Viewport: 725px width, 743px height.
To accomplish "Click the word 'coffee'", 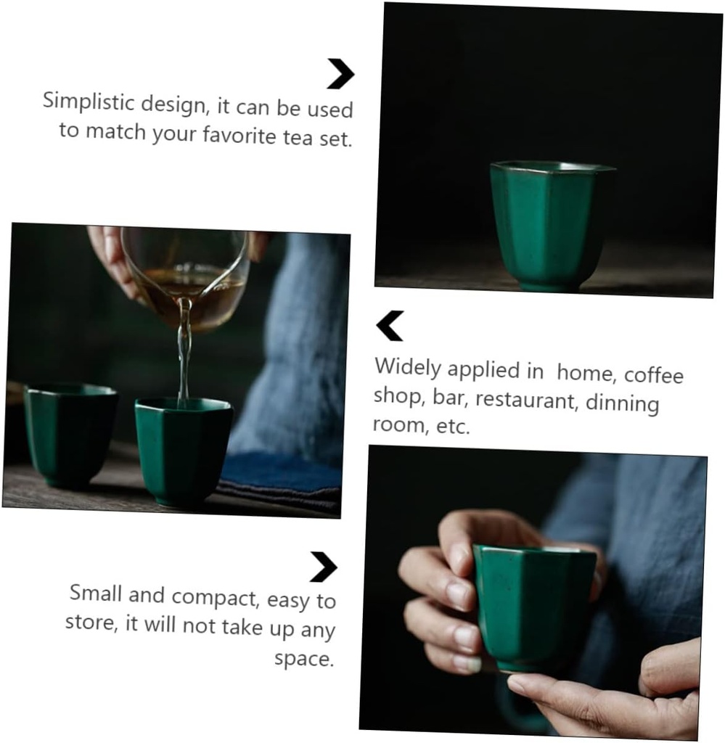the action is click(x=653, y=374).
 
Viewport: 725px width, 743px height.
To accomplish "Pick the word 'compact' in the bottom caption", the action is click(x=216, y=598).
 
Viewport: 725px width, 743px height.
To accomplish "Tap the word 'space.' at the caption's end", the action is click(x=304, y=659).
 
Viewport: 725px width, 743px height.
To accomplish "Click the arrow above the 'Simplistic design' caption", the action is click(x=340, y=74).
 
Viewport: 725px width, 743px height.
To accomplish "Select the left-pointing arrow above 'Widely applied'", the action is click(x=390, y=326).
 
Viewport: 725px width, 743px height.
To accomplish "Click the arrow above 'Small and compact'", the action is click(x=324, y=567).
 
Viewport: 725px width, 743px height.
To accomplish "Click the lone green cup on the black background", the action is click(x=549, y=225).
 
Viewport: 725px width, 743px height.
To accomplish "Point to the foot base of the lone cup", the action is click(x=549, y=284).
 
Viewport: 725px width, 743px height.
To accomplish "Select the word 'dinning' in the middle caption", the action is click(x=622, y=403).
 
